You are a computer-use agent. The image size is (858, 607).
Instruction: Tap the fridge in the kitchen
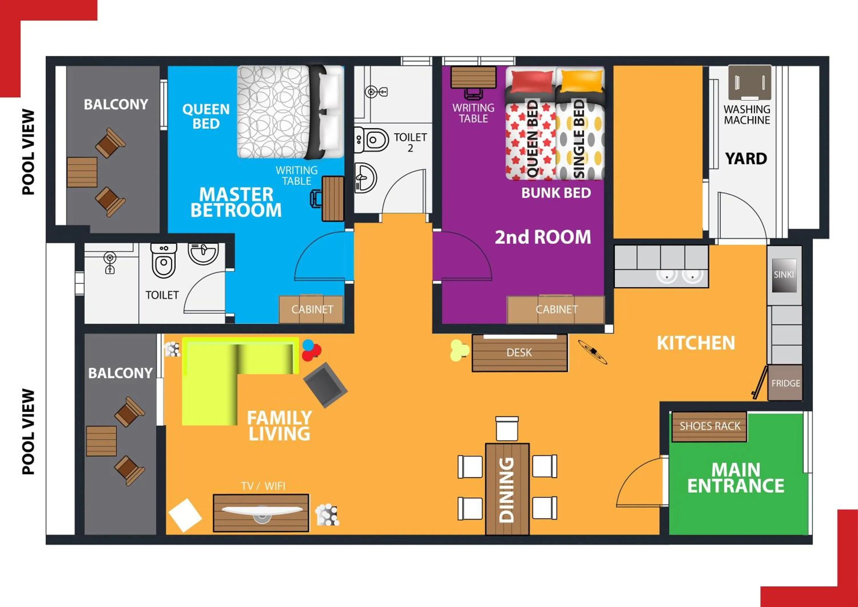(x=785, y=383)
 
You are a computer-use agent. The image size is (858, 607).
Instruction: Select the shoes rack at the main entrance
(x=709, y=427)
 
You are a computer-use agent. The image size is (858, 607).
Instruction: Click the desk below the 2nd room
(x=519, y=353)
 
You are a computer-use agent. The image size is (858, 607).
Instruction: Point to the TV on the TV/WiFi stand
(x=262, y=511)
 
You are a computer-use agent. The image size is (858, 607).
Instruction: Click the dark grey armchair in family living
(x=325, y=385)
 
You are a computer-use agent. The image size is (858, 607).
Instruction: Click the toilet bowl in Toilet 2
(x=372, y=140)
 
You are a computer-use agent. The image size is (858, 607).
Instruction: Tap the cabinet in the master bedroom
(x=311, y=309)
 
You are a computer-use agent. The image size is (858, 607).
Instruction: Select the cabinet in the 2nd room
(x=556, y=309)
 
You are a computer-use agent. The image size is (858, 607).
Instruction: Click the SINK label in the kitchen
(x=784, y=275)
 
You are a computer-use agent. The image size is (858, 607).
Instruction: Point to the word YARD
(x=746, y=159)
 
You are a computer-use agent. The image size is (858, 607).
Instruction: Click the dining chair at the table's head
(x=507, y=429)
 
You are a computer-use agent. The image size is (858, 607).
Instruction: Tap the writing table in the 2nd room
(x=473, y=78)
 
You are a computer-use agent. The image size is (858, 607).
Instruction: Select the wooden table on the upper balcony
(x=82, y=172)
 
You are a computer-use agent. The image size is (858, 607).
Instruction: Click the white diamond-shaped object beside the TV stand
(x=185, y=515)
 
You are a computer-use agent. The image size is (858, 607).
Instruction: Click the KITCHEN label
(x=696, y=343)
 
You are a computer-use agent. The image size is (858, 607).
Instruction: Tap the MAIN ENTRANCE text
(x=736, y=478)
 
